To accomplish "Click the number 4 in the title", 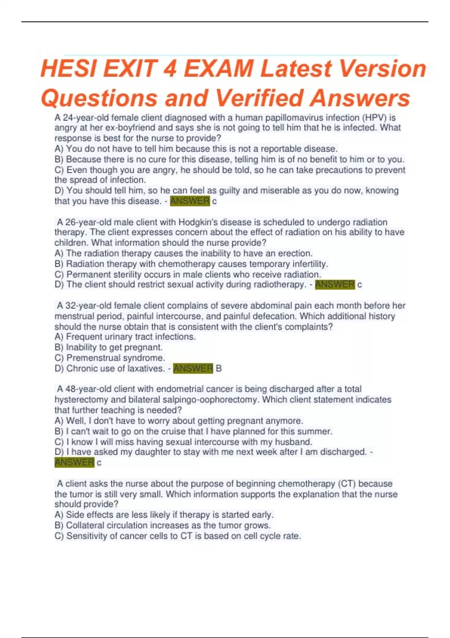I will [169, 69].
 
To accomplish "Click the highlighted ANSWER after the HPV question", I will [190, 201].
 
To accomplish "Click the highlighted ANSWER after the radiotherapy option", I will [334, 284].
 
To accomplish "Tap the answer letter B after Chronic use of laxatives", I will [219, 369].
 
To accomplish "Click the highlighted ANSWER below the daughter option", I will [74, 462].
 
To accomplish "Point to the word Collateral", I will [88, 525].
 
